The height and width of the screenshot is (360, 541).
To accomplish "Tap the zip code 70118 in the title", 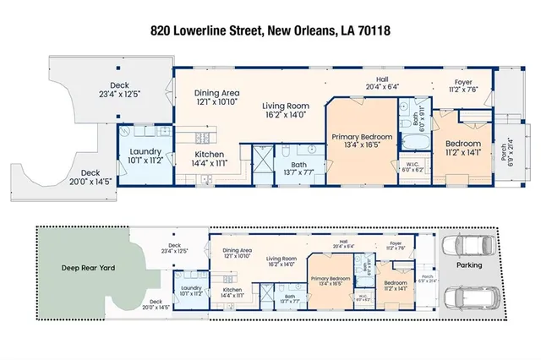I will tap(374, 32).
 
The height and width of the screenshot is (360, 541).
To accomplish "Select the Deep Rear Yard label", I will tap(81, 268).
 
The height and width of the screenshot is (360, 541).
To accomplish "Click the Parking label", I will tap(469, 265).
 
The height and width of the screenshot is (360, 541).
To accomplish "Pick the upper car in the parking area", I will tap(472, 244).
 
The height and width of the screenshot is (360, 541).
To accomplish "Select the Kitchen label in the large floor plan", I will tap(209, 155).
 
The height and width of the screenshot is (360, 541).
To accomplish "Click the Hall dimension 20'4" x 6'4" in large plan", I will tap(381, 85).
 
